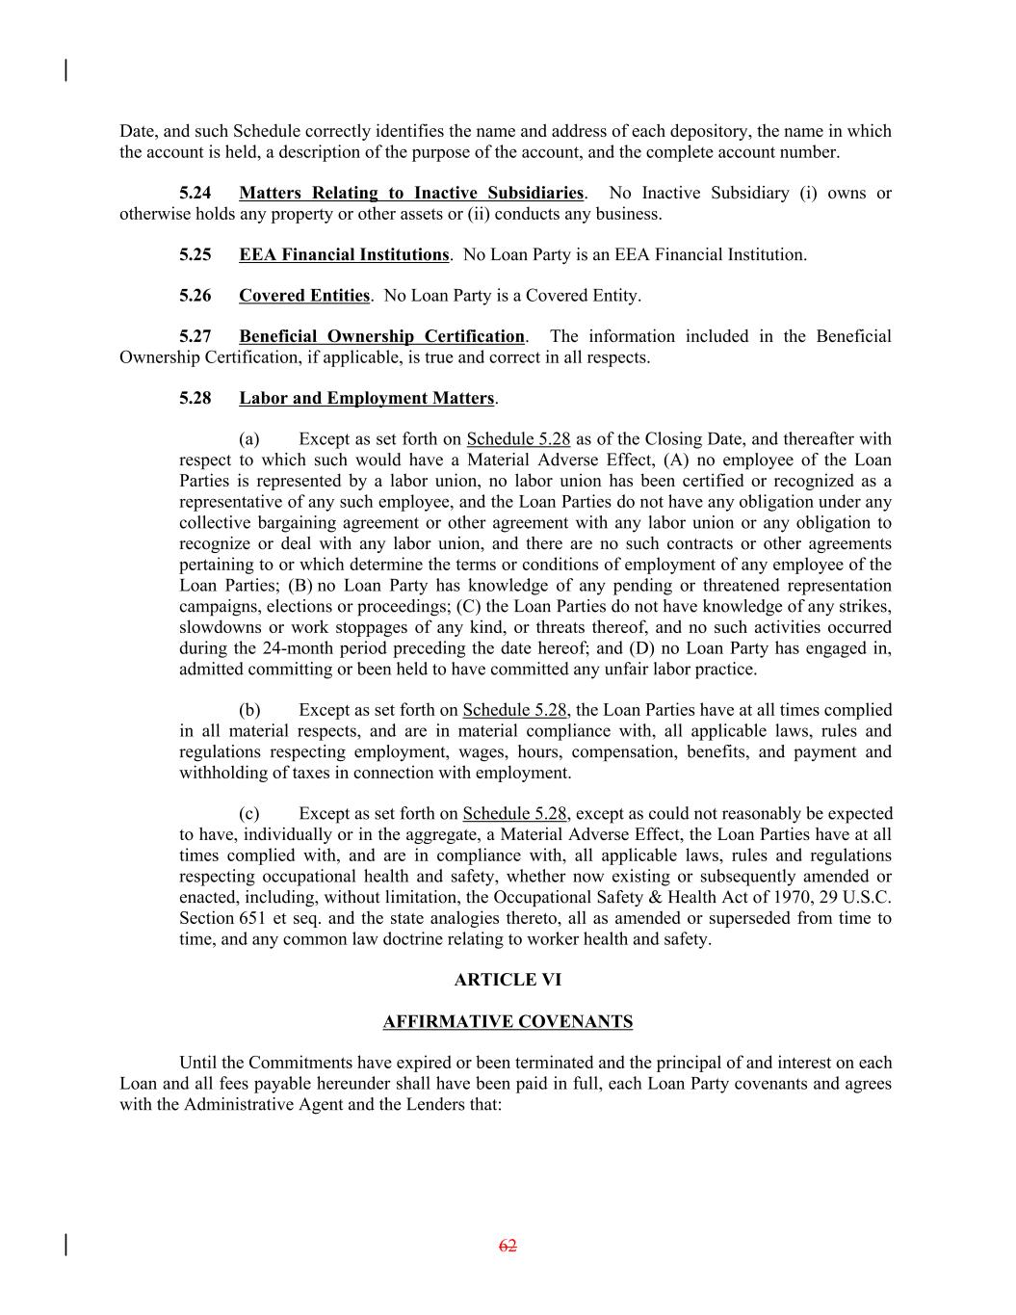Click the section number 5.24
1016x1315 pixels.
(x=195, y=194)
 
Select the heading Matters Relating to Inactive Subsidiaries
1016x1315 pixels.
(x=411, y=194)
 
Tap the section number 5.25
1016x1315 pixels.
(x=195, y=255)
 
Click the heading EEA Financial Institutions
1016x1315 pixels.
(x=344, y=255)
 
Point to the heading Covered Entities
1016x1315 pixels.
(x=304, y=296)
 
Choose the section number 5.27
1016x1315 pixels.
(x=195, y=337)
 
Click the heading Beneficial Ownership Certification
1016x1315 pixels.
(x=381, y=337)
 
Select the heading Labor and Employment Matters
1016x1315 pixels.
(x=366, y=399)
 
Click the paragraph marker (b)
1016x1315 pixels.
(x=249, y=711)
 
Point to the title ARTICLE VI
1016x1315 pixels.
(x=508, y=981)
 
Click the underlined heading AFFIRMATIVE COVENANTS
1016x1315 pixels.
(x=508, y=1022)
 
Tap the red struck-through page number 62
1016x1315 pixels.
(x=508, y=1247)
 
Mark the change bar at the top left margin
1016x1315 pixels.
(x=65, y=70)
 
